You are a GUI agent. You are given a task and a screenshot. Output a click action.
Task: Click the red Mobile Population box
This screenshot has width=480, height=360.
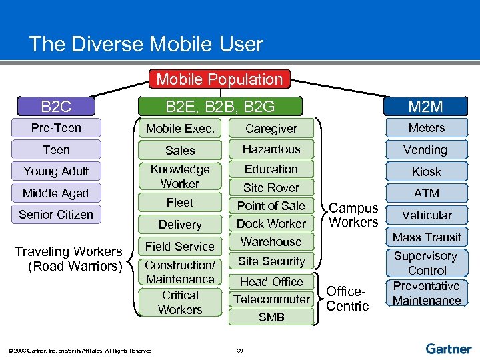point(219,79)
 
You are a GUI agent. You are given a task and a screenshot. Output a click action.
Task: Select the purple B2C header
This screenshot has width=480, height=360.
point(56,106)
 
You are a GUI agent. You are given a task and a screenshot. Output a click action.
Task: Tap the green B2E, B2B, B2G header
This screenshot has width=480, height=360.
point(219,106)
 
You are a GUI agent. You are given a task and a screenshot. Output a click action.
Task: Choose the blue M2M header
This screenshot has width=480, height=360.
point(426,106)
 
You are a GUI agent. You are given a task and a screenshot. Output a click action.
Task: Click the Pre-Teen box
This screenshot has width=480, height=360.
point(56,127)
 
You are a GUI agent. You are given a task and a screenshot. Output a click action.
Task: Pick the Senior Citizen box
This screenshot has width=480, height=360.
point(56,215)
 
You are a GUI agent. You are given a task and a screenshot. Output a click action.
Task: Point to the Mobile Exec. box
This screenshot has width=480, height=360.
point(180,128)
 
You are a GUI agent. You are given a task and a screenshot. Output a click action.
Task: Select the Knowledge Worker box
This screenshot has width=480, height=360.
point(180,177)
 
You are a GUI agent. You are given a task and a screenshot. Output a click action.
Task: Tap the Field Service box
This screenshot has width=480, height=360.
point(180,246)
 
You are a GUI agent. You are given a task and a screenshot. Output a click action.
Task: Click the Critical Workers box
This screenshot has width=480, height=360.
point(180,302)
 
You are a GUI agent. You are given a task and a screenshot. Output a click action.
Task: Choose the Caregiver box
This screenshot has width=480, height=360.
point(271,128)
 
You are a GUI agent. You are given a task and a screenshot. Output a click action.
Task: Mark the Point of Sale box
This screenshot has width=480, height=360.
point(271,205)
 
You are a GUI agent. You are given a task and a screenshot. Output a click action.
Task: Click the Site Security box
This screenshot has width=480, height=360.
point(271,261)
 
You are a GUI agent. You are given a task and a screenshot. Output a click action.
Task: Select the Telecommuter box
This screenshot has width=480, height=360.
point(271,299)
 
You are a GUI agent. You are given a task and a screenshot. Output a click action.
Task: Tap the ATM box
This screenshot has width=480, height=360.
point(427,193)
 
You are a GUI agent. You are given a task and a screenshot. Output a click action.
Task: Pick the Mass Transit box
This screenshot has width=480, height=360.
point(427,237)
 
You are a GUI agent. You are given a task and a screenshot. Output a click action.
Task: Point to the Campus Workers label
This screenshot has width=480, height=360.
point(353,215)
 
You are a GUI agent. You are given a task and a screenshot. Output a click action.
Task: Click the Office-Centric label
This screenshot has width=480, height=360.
point(347,299)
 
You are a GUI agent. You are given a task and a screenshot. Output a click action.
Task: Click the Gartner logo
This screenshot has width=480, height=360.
point(449,349)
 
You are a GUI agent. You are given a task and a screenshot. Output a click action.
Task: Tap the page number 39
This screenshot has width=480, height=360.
point(240,350)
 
